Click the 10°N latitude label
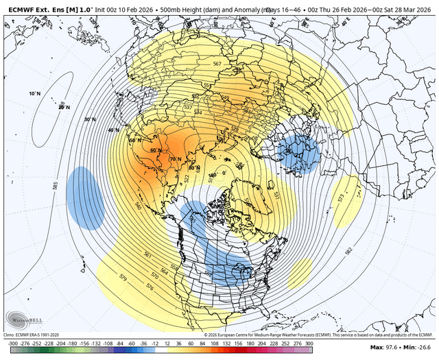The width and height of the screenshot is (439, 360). [x=34, y=93]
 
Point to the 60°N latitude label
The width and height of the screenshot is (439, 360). [x=155, y=150]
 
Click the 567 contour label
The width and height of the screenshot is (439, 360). [x=217, y=64]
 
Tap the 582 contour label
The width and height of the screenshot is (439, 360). [x=351, y=251]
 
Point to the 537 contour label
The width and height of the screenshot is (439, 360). [x=188, y=107]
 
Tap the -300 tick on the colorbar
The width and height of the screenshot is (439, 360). [x=12, y=342]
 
